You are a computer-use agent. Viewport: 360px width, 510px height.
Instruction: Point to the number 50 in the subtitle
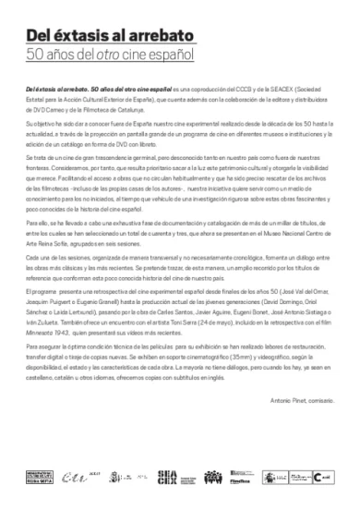[x=37, y=56]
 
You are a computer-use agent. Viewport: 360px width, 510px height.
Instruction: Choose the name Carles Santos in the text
[x=152, y=340]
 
